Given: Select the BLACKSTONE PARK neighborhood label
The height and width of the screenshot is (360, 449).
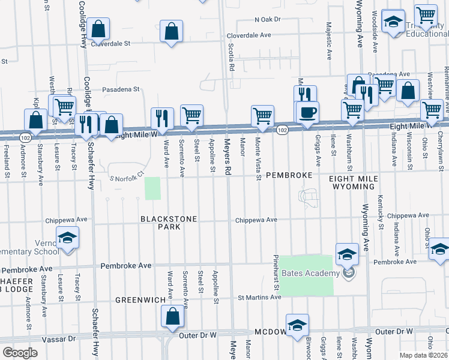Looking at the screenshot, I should [x=169, y=224].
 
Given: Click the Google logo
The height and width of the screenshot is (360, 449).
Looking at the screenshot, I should [x=20, y=352].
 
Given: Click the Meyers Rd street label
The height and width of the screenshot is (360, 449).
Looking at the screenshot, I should [x=228, y=158].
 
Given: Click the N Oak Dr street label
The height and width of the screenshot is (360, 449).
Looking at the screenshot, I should [x=268, y=20].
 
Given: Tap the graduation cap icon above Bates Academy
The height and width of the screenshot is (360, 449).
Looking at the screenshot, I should [x=347, y=254].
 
